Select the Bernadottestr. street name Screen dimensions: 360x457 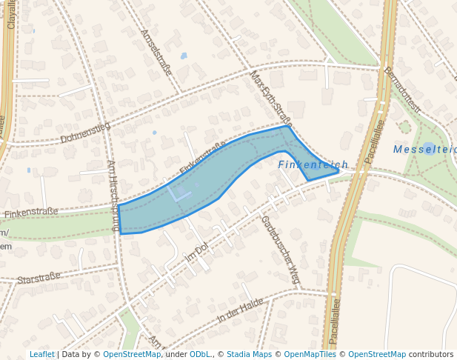(401, 90)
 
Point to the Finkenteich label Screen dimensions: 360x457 (313, 164)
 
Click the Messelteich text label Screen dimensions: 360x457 (424, 149)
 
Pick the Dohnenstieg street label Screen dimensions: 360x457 (85, 132)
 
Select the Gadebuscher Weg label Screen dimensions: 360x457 (280, 250)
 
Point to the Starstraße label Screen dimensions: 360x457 (39, 279)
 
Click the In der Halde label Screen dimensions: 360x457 (241, 309)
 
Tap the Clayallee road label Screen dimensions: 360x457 (11, 15)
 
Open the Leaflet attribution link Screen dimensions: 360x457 (41, 355)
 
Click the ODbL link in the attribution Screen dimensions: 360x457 (199, 355)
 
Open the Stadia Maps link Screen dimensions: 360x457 (249, 355)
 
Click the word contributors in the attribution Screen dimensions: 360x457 (431, 355)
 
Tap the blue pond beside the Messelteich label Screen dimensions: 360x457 (428, 149)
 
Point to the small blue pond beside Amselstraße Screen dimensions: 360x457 (184, 56)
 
